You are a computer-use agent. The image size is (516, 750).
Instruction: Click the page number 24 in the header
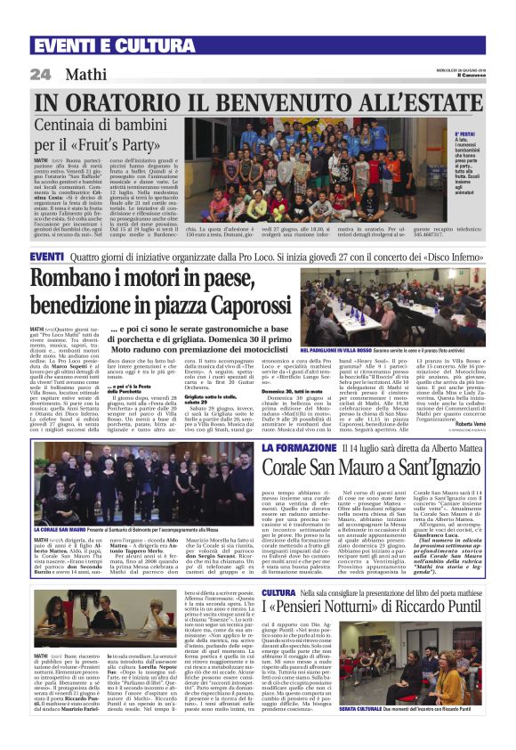[x=39, y=75]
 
